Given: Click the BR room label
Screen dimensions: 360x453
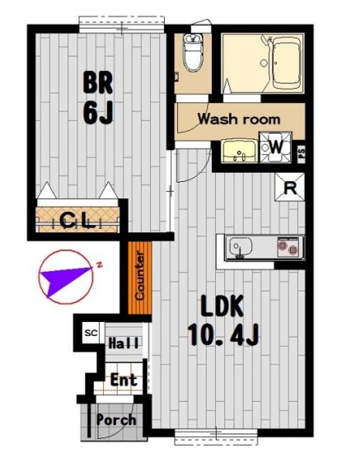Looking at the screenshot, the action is coord(98,82).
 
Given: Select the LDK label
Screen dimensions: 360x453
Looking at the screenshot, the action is coord(222,306).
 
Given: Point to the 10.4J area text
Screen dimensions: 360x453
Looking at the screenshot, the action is coord(222,335).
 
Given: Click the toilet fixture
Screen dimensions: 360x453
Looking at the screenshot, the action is coord(193,53).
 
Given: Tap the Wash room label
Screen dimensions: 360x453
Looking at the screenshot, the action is coord(239,119).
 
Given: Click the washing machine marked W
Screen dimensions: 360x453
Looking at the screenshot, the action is coord(275,147).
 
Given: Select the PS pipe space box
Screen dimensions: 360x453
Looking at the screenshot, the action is coord(302,152).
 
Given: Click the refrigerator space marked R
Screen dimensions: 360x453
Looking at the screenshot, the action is coord(290,187).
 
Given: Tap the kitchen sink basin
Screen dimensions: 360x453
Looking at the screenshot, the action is coord(241,247).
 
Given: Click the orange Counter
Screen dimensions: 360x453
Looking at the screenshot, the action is coord(140,278).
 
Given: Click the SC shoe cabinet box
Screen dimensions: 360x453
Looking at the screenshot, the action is coord(91,333).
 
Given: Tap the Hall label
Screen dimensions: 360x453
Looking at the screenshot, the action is coord(124,343).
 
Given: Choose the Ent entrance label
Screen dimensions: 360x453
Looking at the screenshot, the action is coord(124,380).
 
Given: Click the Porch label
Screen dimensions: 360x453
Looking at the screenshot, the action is coord(116,420).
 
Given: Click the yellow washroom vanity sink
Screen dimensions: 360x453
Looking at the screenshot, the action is coord(239,150).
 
